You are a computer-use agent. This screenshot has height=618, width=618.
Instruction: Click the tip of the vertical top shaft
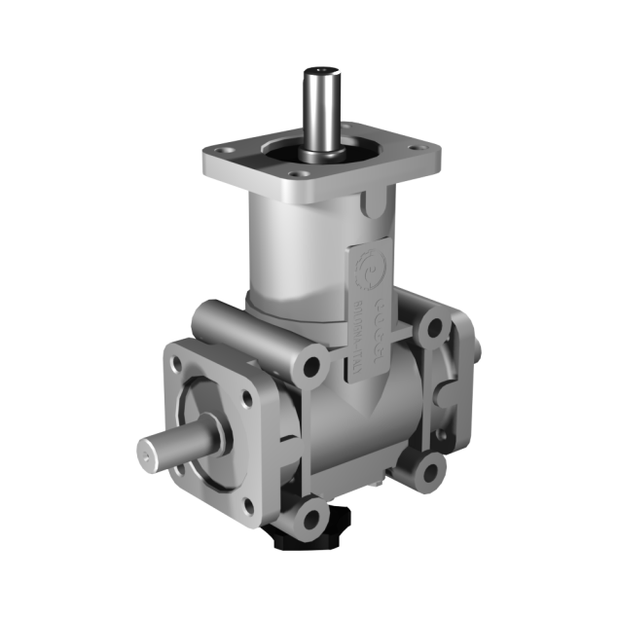tap(322, 71)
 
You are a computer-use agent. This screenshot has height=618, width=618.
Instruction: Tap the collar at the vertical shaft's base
tap(320, 154)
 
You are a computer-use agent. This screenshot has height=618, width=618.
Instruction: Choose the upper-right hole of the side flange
tap(246, 396)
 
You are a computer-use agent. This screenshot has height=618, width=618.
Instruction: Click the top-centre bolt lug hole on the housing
tap(310, 368)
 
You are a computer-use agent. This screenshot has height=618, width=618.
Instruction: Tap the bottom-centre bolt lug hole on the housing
tap(310, 514)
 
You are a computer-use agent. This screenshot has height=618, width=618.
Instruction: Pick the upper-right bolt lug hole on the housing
tap(431, 328)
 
